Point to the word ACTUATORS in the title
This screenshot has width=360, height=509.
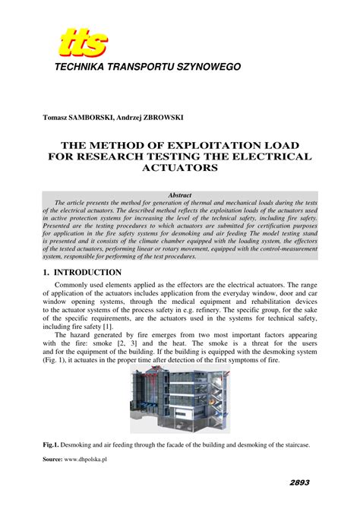coord(180,168)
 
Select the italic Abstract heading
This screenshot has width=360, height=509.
coord(180,196)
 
